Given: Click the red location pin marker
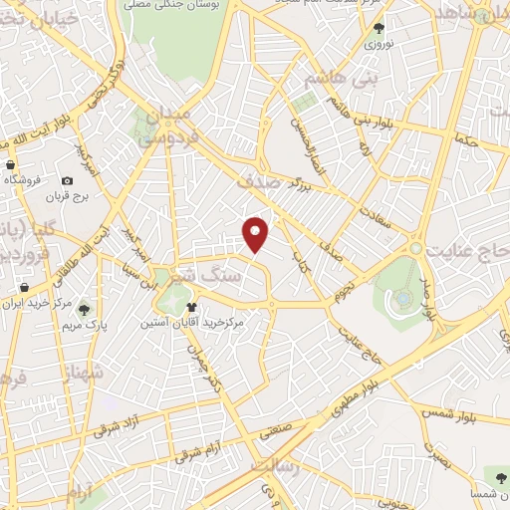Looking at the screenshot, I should (x=257, y=233).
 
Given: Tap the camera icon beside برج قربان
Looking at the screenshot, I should (x=67, y=181).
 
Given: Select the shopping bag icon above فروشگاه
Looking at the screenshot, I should (x=9, y=164).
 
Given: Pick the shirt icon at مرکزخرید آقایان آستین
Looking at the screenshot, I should (x=191, y=308).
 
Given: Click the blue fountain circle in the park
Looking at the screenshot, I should (x=401, y=296).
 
